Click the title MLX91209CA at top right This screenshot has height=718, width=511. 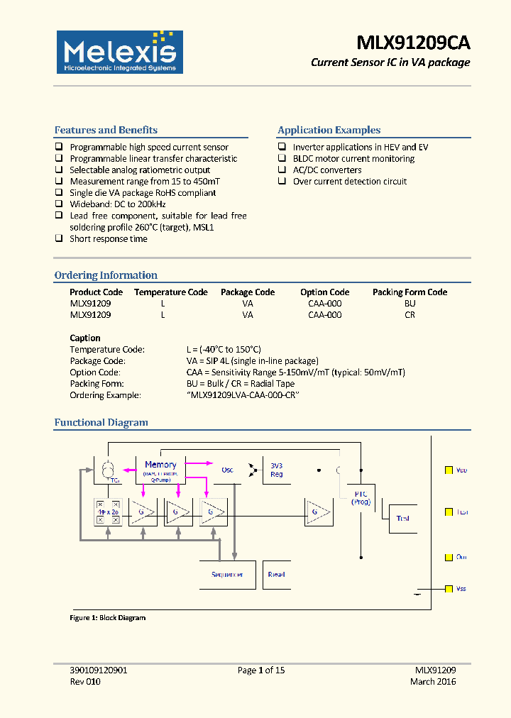point(413,43)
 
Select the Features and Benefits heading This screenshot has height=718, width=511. point(106,130)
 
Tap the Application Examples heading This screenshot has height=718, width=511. point(329,130)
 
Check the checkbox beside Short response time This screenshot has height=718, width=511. point(60,239)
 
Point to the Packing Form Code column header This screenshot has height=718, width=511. point(410,292)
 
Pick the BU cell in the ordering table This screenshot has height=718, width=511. point(410,303)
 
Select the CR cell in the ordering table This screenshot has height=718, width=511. point(410,314)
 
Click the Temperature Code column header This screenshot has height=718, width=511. point(170,292)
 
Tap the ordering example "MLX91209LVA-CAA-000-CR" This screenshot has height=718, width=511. point(241,394)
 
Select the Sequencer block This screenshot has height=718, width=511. point(227,574)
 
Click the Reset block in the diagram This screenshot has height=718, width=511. point(277,574)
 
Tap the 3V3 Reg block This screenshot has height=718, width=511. point(277,470)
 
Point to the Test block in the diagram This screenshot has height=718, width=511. point(403,518)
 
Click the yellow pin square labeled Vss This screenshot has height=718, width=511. point(449,589)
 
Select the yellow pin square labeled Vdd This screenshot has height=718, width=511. point(449,470)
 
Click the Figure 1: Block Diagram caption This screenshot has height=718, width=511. point(107,618)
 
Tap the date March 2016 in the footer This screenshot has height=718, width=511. point(433,681)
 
